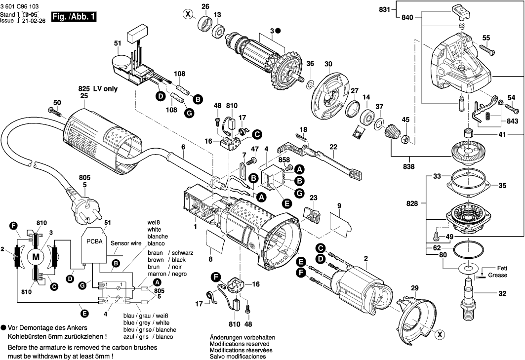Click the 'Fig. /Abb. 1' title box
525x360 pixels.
click(74, 17)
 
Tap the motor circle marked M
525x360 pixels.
click(35, 256)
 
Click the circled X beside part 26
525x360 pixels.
click(188, 14)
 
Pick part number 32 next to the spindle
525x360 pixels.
click(502, 294)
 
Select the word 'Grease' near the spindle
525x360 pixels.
click(497, 275)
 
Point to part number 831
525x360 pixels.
click(384, 9)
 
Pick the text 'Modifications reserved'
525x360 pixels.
click(240, 343)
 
